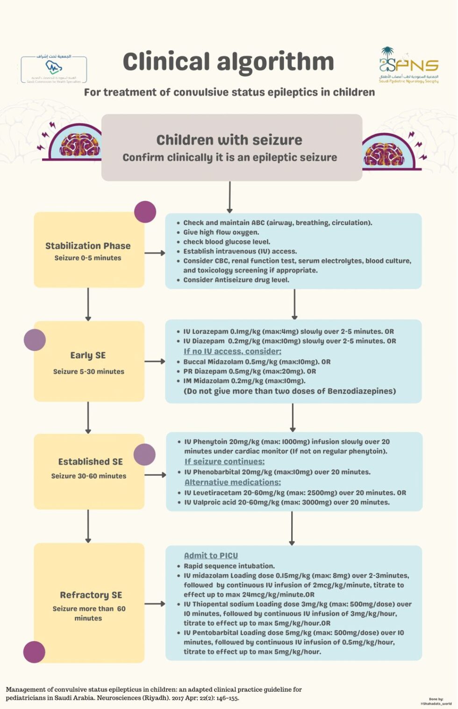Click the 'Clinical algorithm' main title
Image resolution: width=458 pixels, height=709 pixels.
pos(228,62)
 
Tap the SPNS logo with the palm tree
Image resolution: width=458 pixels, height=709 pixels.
pos(408,65)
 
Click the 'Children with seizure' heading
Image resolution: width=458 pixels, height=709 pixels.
pos(229,140)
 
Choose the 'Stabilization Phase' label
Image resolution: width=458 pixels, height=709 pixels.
pos(88,246)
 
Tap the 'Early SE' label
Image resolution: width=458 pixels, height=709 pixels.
pos(88,355)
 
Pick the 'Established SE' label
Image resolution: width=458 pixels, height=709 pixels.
pos(90,461)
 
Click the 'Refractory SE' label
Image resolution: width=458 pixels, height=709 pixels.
pos(91,595)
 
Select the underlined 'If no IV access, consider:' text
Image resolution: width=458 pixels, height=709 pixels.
pos(232,351)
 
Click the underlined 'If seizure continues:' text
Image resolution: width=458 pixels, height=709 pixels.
pos(224,461)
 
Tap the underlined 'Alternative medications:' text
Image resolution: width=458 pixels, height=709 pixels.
pos(232,482)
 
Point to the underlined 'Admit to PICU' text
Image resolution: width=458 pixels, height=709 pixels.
pos(211,556)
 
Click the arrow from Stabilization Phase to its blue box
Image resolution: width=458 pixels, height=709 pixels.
pos(155,253)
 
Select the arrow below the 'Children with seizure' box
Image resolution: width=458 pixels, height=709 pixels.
pos(229,197)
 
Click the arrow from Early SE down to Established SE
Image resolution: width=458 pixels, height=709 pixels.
pos(88,417)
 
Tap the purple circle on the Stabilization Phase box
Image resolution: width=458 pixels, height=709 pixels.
pos(145,212)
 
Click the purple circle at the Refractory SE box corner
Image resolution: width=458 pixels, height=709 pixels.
pos(34,652)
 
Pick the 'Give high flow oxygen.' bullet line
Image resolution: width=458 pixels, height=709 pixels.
pos(221,232)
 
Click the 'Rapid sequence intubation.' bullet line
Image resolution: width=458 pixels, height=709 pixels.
pos(229,566)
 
